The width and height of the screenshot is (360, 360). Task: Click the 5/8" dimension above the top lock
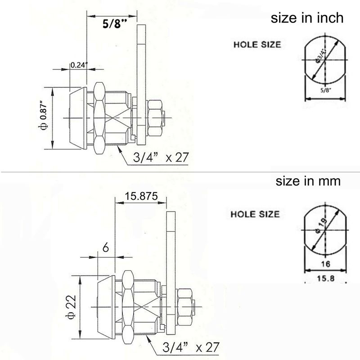tap(115, 23)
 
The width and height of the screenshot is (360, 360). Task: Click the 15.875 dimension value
tap(141, 196)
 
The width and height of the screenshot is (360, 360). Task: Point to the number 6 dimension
tap(106, 248)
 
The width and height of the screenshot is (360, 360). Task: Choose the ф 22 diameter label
tap(71, 307)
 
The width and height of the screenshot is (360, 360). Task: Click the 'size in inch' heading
tap(307, 18)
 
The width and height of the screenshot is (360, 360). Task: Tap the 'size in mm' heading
tap(308, 181)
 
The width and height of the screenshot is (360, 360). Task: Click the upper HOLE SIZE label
tap(257, 45)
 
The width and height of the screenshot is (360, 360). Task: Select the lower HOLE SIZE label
tap(255, 214)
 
